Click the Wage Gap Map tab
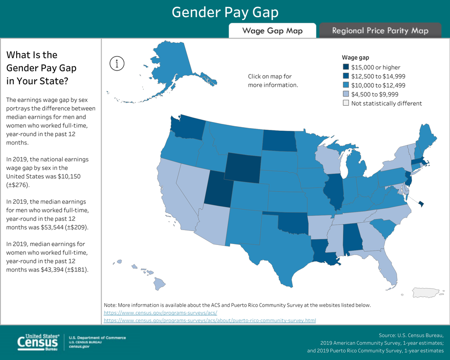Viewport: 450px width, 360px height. click(x=272, y=31)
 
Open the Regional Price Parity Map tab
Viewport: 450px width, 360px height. click(x=380, y=31)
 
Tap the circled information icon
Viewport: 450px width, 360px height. click(x=117, y=64)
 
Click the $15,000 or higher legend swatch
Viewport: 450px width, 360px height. click(x=346, y=67)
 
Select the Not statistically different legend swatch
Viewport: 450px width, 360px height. click(x=346, y=103)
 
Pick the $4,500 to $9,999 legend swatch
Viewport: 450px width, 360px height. click(x=346, y=94)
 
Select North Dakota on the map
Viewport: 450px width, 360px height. click(x=279, y=140)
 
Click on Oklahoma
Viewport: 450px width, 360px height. click(x=292, y=225)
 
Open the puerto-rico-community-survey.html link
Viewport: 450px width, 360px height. click(x=210, y=321)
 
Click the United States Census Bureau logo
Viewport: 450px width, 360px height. click(x=39, y=342)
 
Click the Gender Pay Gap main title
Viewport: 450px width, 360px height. click(x=225, y=12)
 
